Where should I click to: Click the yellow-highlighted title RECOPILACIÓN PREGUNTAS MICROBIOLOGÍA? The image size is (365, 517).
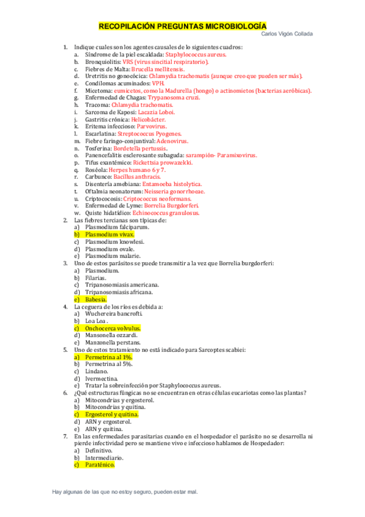(182, 26)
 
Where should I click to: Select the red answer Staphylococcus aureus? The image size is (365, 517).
(191, 54)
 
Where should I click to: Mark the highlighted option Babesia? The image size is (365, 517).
(96, 299)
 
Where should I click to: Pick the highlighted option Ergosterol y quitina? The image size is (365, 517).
(112, 415)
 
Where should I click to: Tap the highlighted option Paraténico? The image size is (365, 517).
(100, 465)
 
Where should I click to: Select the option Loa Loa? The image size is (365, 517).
(96, 321)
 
